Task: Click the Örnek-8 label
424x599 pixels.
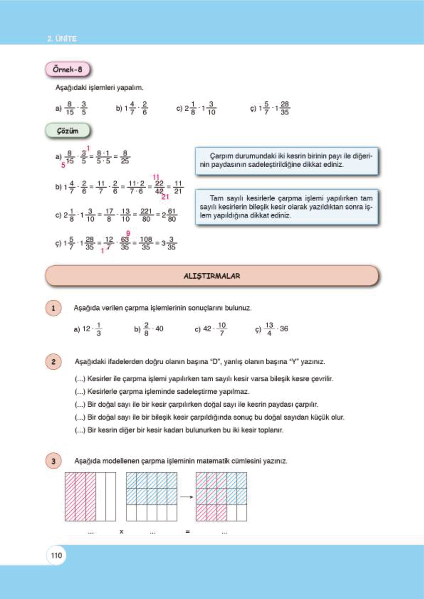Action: pos(68,69)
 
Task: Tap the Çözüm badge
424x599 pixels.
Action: pos(68,131)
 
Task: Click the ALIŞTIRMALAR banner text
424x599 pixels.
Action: pos(212,276)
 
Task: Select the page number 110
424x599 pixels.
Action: pos(56,555)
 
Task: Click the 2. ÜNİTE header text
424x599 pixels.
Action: pos(62,38)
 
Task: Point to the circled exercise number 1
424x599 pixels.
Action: pos(53,308)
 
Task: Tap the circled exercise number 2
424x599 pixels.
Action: pos(53,362)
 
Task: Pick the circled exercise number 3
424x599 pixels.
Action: pos(53,461)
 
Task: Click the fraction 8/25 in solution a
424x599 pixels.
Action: pos(125,157)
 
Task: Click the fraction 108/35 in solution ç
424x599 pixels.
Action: pos(146,243)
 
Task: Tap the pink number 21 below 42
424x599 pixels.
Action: pos(165,197)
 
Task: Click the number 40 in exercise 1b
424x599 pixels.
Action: pos(159,329)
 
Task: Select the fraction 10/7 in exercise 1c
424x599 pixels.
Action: pos(222,329)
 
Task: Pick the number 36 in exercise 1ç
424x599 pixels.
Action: pos(284,329)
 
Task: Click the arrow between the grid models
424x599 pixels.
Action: pos(186,497)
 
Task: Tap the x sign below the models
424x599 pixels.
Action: pos(121,532)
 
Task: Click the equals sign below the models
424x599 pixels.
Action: pos(188,532)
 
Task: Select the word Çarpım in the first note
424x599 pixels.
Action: pos(221,156)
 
